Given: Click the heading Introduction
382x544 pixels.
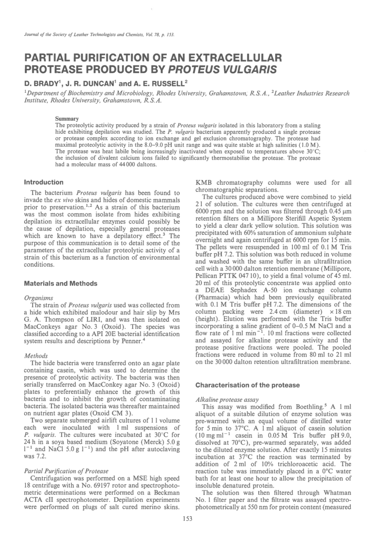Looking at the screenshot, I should [x=44, y=182].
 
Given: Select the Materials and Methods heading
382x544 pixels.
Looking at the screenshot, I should [x=60, y=284].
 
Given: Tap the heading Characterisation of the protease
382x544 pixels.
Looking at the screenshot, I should [x=247, y=385].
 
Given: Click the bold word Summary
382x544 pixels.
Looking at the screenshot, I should [x=67, y=119].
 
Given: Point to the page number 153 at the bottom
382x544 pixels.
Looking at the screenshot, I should [x=188, y=518].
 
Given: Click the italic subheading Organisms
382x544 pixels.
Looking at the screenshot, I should [x=38, y=298].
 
